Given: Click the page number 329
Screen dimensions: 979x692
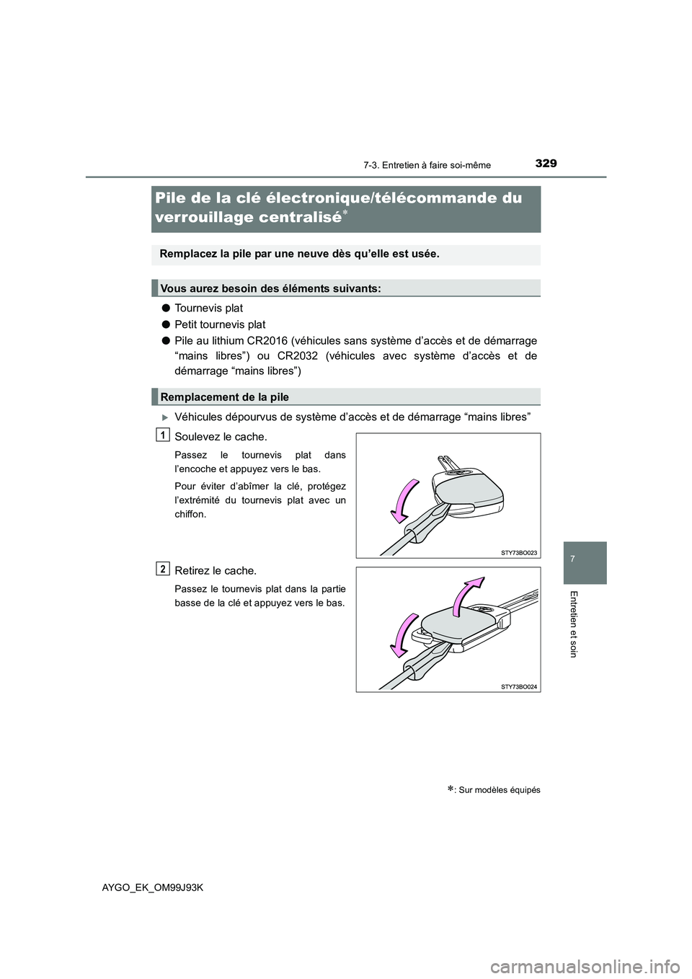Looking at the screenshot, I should click(546, 164).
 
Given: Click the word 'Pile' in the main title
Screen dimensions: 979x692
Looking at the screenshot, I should click(173, 198).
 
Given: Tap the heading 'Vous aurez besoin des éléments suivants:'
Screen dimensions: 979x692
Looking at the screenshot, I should click(270, 288).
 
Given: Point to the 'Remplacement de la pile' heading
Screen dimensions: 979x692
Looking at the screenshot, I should click(224, 397).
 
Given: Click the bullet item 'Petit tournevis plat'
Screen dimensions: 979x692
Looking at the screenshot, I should click(220, 324).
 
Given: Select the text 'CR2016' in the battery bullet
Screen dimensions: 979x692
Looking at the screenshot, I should click(269, 340).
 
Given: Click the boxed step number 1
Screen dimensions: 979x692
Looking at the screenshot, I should click(164, 434).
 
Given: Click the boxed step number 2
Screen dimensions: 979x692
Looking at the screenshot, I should click(164, 569).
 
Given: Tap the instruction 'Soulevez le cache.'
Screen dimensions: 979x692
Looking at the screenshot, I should click(221, 437).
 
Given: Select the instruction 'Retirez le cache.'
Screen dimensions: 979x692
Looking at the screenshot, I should click(215, 571).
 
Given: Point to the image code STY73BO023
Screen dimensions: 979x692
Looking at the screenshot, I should click(519, 552).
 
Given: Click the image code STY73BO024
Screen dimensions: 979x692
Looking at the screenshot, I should click(519, 686).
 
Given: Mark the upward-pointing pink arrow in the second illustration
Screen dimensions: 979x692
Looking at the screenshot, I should click(467, 595).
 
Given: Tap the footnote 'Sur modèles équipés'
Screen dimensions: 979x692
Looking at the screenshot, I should click(497, 790).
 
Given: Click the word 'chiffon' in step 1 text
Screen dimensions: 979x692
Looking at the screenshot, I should click(190, 515).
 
